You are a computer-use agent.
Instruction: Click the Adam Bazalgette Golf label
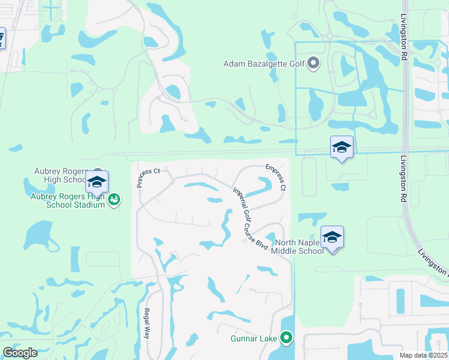(264, 63)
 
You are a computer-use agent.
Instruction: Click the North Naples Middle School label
(299, 247)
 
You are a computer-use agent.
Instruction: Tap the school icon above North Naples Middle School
(332, 238)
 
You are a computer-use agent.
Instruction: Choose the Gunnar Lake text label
(253, 339)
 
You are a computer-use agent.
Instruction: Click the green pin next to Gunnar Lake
(287, 339)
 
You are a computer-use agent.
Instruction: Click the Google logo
(20, 353)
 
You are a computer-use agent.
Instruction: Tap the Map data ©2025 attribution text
(424, 355)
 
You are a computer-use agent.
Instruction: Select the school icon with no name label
(342, 147)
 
